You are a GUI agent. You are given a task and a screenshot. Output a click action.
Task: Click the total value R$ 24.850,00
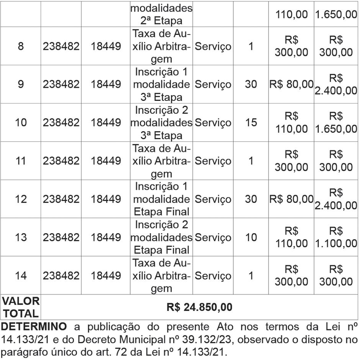click(x=199, y=307)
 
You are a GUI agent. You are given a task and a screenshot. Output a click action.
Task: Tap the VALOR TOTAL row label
click(x=20, y=307)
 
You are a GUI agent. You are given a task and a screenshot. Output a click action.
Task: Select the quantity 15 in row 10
click(x=251, y=123)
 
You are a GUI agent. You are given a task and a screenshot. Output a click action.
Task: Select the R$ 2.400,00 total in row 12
click(x=336, y=199)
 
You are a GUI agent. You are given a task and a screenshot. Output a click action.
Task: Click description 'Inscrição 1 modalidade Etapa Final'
click(x=161, y=199)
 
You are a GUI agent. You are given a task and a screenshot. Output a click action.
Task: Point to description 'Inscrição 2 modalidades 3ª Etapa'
click(x=161, y=123)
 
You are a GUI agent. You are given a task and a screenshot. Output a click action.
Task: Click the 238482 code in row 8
click(x=61, y=46)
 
